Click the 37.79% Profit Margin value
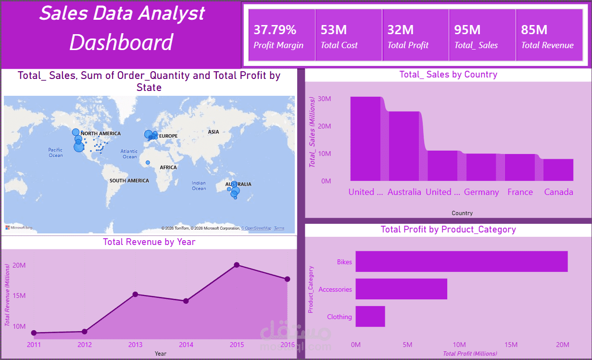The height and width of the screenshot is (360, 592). pos(275,30)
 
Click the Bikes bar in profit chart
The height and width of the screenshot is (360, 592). pos(461,261)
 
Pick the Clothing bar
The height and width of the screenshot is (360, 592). pos(370,316)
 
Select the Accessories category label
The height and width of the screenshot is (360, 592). pos(335,289)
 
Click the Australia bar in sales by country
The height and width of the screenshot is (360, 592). pos(404,146)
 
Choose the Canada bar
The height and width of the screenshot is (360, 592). pos(558,169)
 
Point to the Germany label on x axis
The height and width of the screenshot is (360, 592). pos(481,192)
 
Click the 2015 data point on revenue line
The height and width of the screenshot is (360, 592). pos(237,265)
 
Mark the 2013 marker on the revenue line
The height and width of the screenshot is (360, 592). pos(135,294)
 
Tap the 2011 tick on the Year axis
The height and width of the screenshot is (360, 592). pos(34,345)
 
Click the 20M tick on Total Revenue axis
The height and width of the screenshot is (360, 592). pos(19,265)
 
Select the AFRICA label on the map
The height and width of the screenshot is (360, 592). pos(168,167)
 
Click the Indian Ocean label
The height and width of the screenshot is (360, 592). pos(199,185)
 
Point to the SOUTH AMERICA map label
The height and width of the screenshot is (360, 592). pos(129,180)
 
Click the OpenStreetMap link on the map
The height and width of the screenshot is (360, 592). pos(256,228)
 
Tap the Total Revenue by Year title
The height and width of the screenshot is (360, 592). pos(149,242)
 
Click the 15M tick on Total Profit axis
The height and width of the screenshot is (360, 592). pos(511,345)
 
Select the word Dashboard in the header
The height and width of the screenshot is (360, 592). pos(121,42)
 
